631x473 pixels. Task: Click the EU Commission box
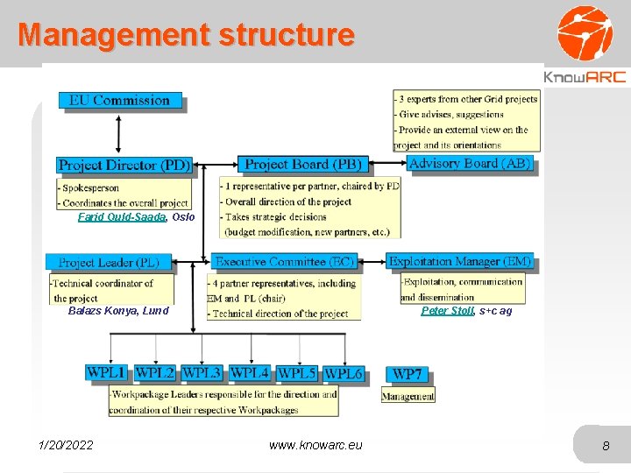click(120, 101)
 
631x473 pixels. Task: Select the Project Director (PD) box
click(124, 165)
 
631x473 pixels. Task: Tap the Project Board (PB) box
click(303, 165)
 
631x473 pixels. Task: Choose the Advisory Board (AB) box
click(471, 164)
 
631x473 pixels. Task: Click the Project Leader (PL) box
click(110, 263)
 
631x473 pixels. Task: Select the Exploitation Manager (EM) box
click(460, 262)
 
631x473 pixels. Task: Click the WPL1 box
click(106, 372)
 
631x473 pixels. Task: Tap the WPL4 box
click(249, 372)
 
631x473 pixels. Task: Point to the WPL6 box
click(344, 373)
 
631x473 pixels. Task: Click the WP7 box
click(408, 375)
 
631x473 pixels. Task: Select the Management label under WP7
click(408, 396)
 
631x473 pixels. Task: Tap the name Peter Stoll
click(447, 311)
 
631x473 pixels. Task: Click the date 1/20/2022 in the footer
click(67, 446)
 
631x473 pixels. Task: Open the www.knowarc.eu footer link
click(315, 446)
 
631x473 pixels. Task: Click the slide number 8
click(606, 447)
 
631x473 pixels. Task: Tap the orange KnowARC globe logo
click(585, 32)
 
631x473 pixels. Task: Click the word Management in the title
click(112, 35)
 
